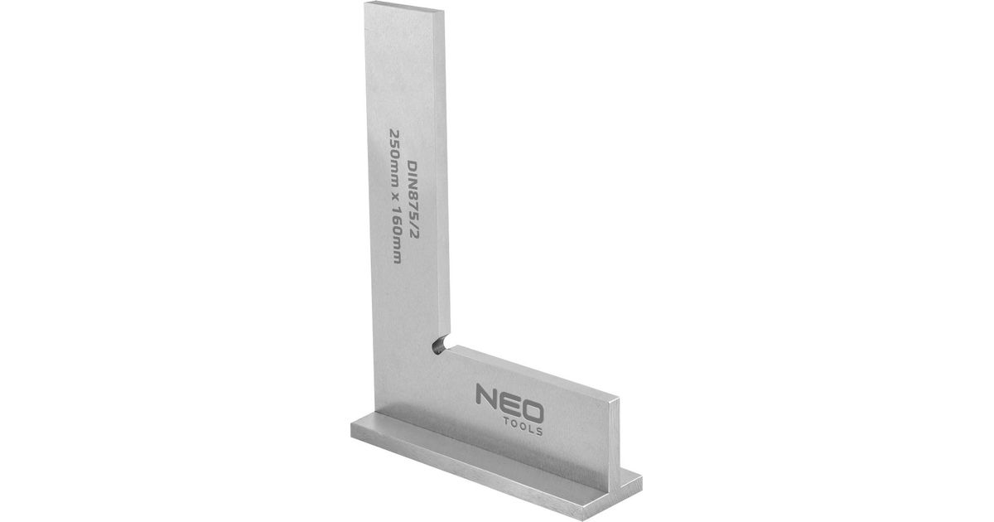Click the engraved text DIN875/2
pyautogui.click(x=413, y=200)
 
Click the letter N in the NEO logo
pyautogui.click(x=486, y=394)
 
